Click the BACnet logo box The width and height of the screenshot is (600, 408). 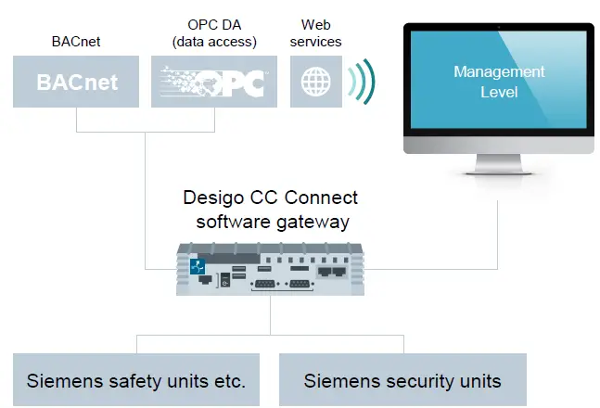click(x=77, y=82)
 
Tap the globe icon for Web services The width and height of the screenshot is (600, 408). click(x=315, y=83)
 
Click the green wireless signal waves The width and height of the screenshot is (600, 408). click(x=361, y=82)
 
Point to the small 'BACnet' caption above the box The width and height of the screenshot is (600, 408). click(x=76, y=41)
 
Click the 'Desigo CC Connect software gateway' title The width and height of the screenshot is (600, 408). click(x=270, y=208)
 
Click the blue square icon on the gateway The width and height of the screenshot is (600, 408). click(x=197, y=265)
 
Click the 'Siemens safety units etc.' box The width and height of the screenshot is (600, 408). click(x=135, y=380)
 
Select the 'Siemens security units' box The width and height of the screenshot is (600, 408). click(x=402, y=380)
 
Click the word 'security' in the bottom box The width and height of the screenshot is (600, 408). click(x=415, y=380)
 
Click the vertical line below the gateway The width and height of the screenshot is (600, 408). click(x=271, y=315)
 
